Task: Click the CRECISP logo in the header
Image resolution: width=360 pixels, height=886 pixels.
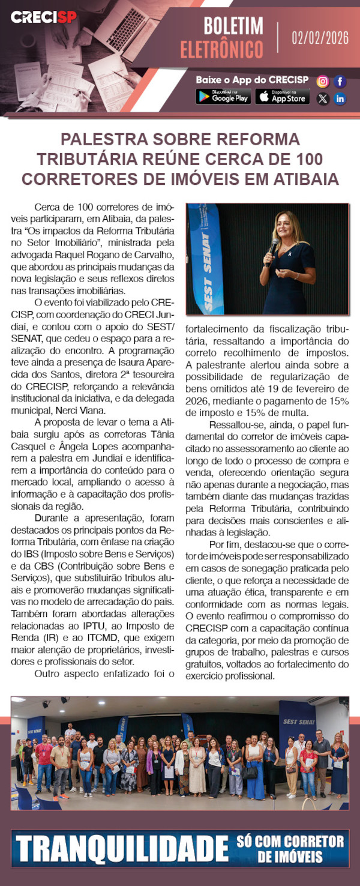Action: click(43, 17)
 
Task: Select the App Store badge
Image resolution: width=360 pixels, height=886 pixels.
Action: click(282, 96)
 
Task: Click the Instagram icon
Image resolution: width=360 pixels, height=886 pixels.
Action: click(323, 81)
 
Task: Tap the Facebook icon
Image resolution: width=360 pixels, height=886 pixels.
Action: click(340, 81)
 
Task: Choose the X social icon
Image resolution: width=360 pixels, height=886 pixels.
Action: click(323, 98)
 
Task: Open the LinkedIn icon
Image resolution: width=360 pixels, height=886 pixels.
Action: click(340, 98)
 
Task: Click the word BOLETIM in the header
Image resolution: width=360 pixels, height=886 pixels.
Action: click(233, 26)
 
